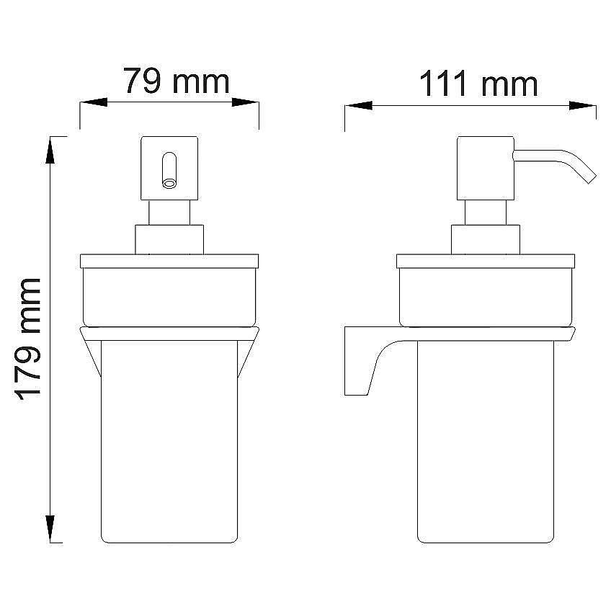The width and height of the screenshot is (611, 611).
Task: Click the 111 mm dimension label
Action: tap(478, 84)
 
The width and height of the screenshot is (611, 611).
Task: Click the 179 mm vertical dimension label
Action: tap(29, 339)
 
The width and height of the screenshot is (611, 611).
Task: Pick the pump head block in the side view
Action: tap(485, 169)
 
